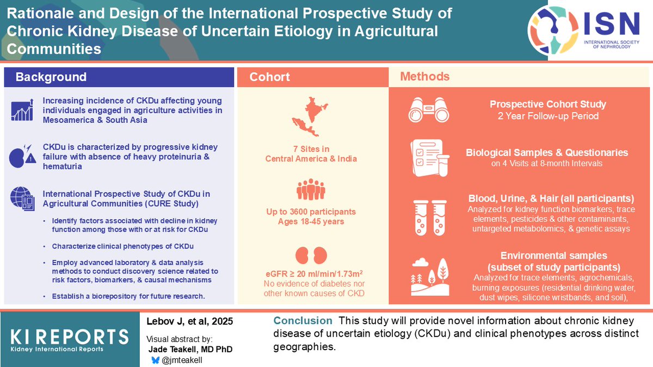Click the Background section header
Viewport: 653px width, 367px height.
[x=51, y=77]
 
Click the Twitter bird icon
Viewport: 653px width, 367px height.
[x=156, y=359]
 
